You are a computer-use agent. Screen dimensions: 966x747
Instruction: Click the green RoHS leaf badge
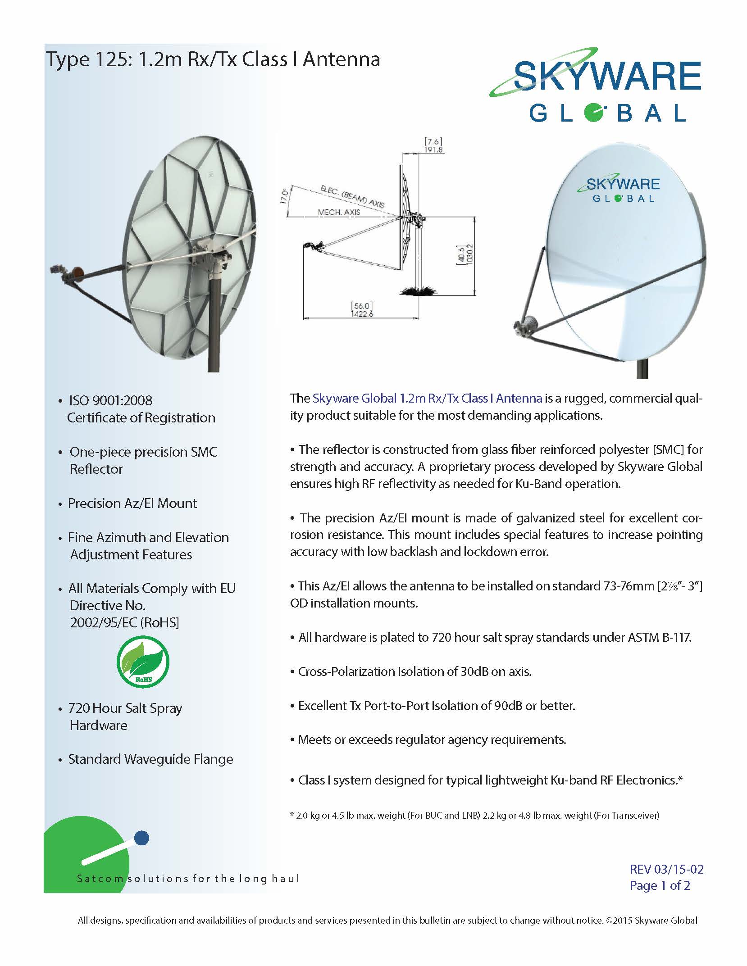tap(143, 662)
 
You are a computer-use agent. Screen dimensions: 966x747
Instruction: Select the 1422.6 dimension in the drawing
tap(362, 314)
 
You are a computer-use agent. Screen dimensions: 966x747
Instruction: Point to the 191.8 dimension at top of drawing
tap(433, 150)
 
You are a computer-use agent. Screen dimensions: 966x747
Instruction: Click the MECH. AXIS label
tap(339, 212)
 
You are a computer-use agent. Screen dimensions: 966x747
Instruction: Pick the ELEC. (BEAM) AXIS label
tap(352, 196)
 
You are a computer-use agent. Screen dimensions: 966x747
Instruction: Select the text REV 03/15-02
tap(666, 869)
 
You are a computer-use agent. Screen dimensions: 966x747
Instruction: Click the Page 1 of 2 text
tap(660, 885)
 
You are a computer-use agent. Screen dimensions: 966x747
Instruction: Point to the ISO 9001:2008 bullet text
tap(110, 400)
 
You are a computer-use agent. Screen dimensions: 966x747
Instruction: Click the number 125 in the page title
tap(111, 59)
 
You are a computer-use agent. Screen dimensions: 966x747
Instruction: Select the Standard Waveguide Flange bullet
tap(150, 759)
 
